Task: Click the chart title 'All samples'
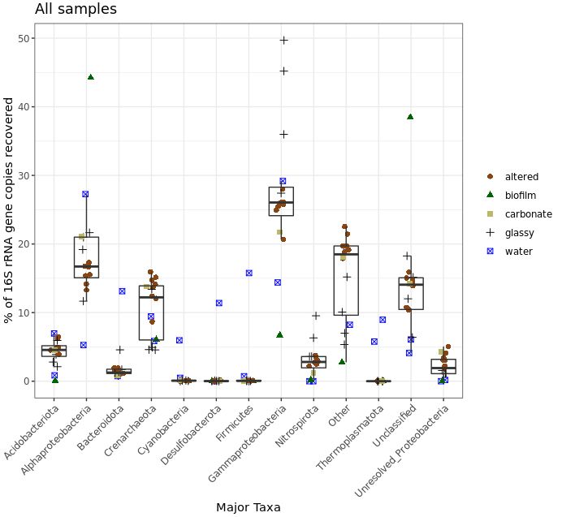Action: tap(76, 10)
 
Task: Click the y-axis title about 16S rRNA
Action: tap(10, 210)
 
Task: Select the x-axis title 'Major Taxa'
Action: tap(248, 507)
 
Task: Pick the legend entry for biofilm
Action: tap(520, 196)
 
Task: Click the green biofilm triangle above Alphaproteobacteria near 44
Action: tap(91, 77)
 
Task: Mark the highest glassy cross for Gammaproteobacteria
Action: tap(283, 40)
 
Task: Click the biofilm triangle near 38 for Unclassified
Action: tap(410, 117)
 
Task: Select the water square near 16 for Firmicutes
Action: tap(249, 274)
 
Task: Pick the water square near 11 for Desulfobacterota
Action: tap(218, 303)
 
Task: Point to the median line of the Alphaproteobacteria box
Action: tap(86, 266)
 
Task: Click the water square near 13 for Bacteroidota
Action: tap(122, 291)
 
